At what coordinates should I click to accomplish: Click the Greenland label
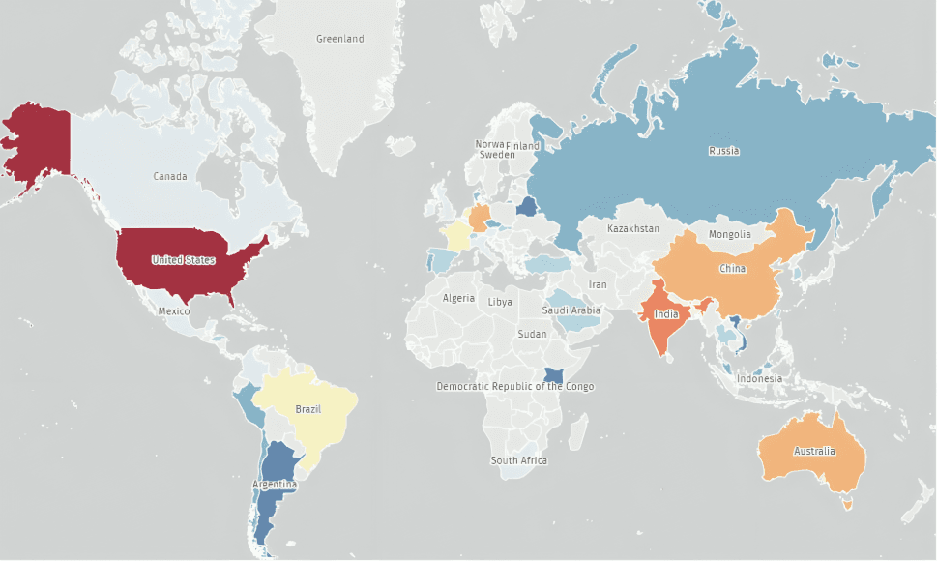pyautogui.click(x=340, y=39)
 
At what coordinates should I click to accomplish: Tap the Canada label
pyautogui.click(x=170, y=176)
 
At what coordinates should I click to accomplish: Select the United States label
pyautogui.click(x=183, y=259)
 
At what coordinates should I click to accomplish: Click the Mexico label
pyautogui.click(x=174, y=311)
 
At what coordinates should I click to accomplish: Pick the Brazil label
pyautogui.click(x=307, y=409)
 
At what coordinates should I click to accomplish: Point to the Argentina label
pyautogui.click(x=275, y=485)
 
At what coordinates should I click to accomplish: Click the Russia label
pyautogui.click(x=723, y=151)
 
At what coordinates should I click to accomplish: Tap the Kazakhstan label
pyautogui.click(x=633, y=229)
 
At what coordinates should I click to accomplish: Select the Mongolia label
pyautogui.click(x=729, y=234)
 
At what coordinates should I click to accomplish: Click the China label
pyautogui.click(x=732, y=269)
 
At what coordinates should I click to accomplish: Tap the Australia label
pyautogui.click(x=814, y=452)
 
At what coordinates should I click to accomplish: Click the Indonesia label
pyautogui.click(x=759, y=378)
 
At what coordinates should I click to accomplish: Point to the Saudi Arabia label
pyautogui.click(x=571, y=310)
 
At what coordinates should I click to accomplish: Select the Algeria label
pyautogui.click(x=458, y=298)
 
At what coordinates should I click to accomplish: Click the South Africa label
pyautogui.click(x=518, y=460)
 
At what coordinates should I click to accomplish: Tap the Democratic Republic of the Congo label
pyautogui.click(x=515, y=387)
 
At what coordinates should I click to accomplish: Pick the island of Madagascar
pyautogui.click(x=581, y=429)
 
